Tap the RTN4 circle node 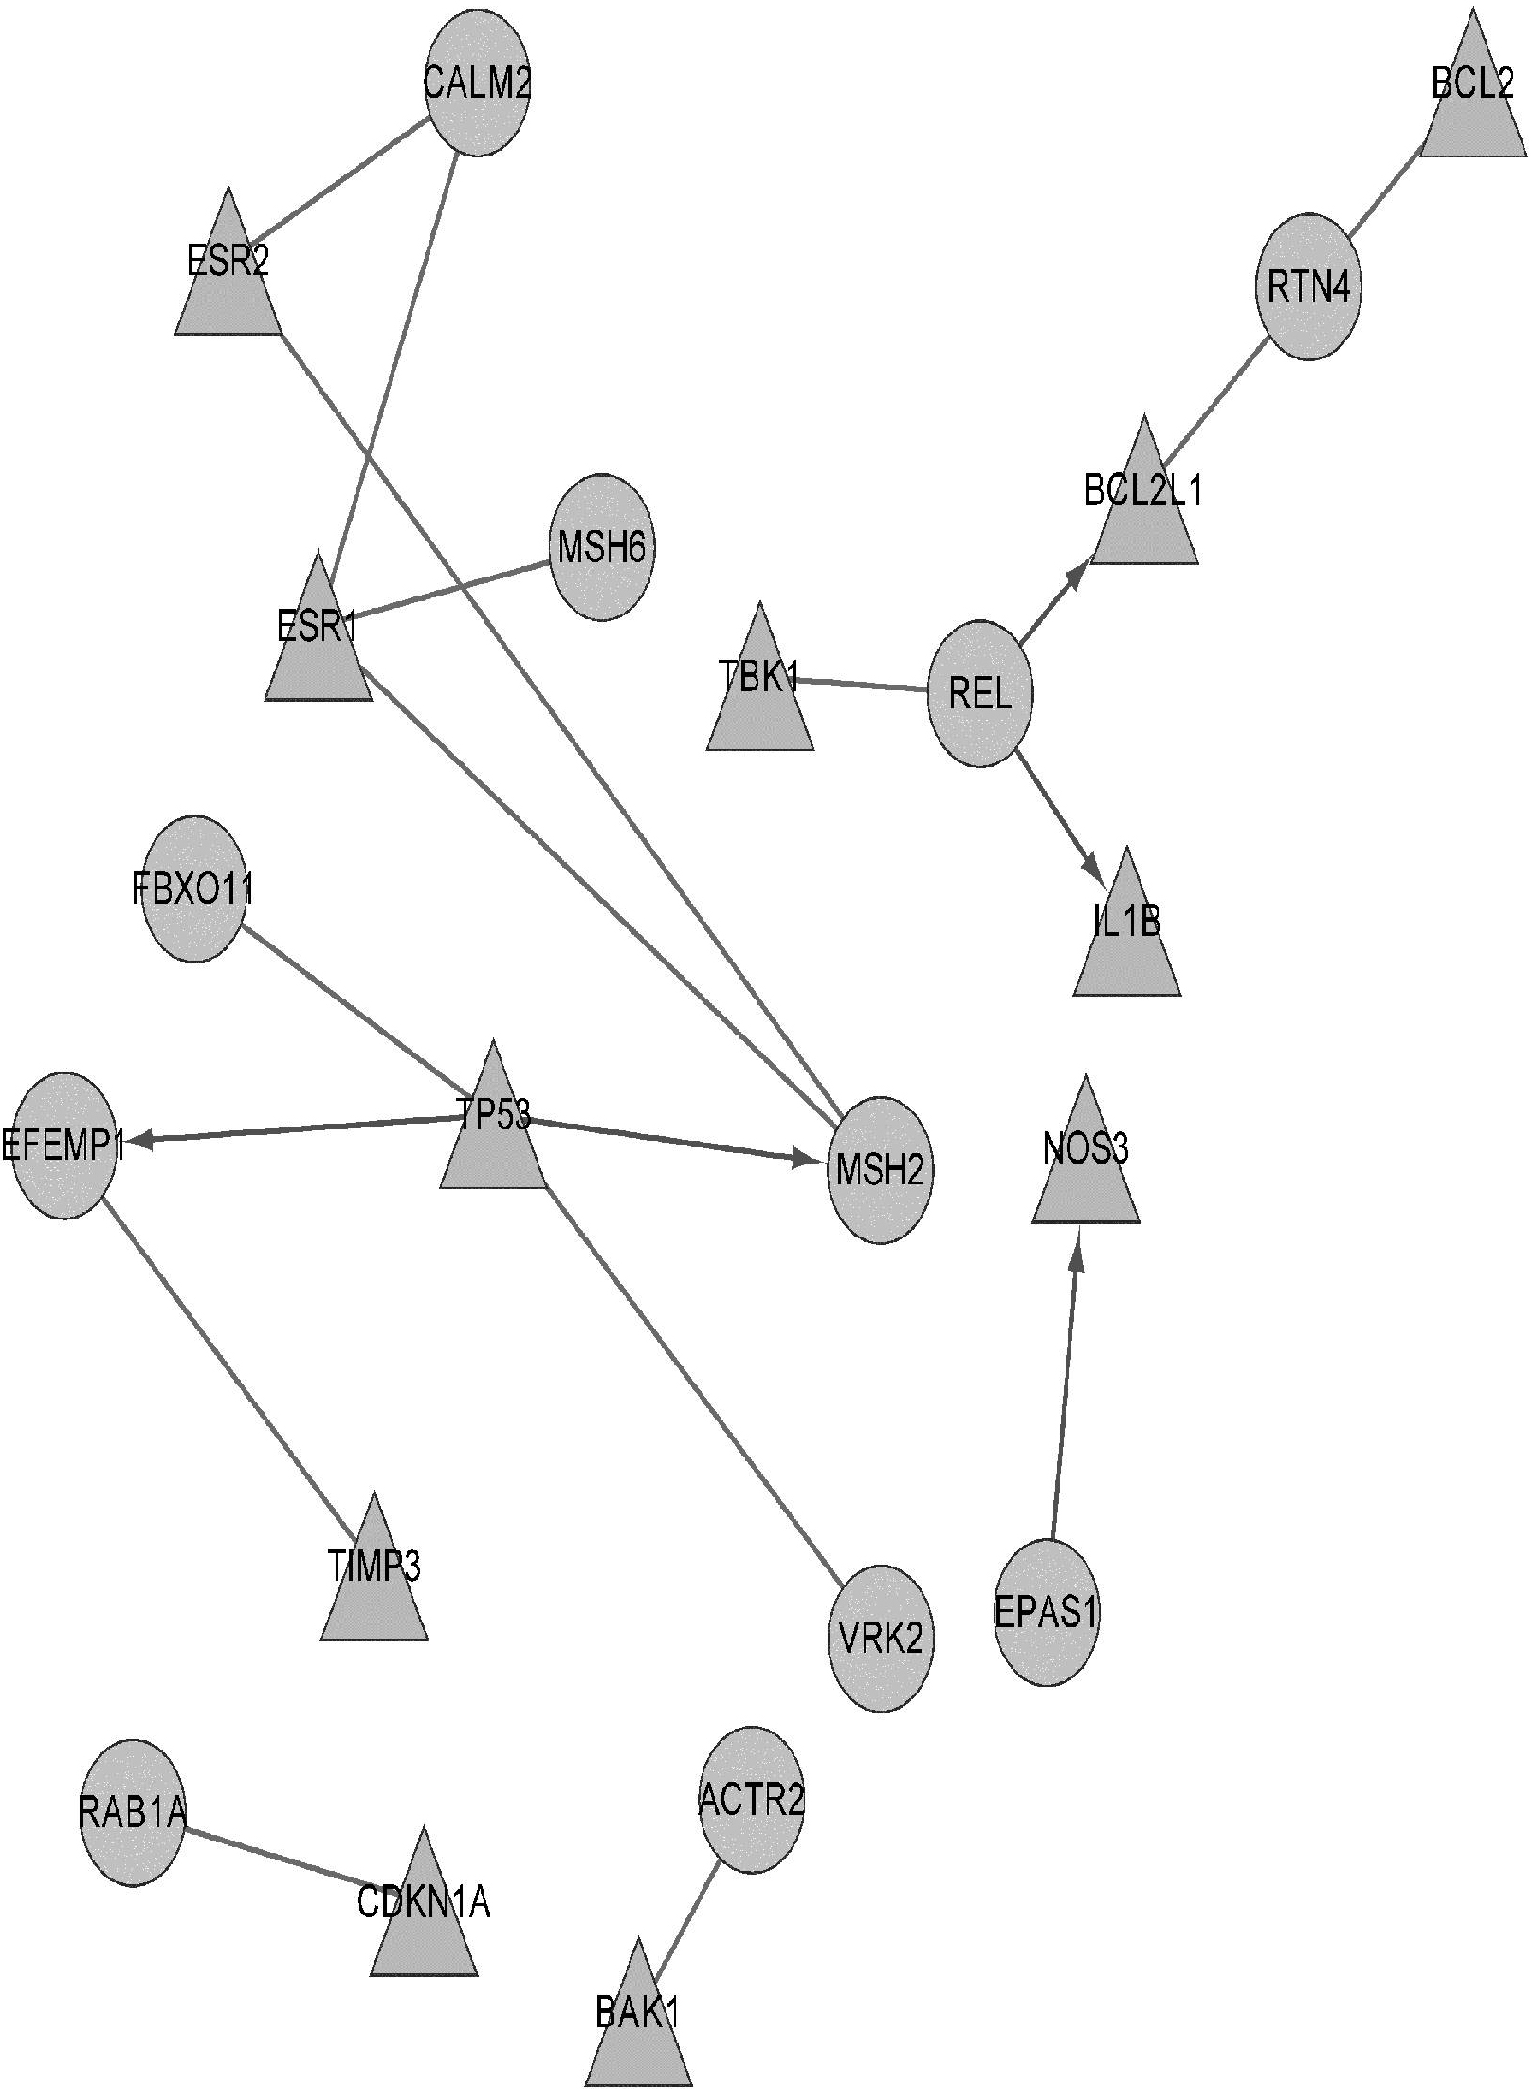(1309, 286)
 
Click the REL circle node (979, 694)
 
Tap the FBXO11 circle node (193, 889)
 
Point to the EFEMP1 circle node (64, 1145)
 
